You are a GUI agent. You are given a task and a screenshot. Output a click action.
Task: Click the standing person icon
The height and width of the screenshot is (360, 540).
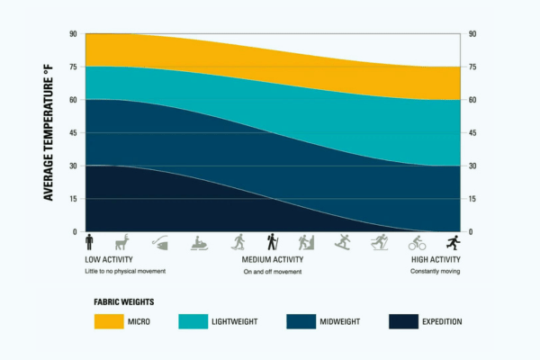pyautogui.click(x=90, y=241)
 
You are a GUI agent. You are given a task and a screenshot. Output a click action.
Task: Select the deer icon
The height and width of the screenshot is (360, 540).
pyautogui.click(x=122, y=241)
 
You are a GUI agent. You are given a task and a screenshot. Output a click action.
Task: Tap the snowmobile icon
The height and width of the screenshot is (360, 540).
pyautogui.click(x=200, y=242)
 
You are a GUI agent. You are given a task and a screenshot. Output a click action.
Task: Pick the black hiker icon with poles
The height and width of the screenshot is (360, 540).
pyautogui.click(x=272, y=241)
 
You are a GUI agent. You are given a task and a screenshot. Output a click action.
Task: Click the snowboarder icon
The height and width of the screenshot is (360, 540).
pyautogui.click(x=343, y=241)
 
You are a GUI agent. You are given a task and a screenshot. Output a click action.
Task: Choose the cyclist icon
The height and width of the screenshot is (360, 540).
pyautogui.click(x=416, y=242)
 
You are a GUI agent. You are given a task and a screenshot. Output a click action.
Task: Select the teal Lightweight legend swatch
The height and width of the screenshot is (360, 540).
pyautogui.click(x=203, y=321)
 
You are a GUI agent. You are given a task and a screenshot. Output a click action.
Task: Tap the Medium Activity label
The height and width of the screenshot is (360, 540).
pyautogui.click(x=272, y=260)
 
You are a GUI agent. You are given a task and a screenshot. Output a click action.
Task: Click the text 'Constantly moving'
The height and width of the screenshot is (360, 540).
pyautogui.click(x=436, y=271)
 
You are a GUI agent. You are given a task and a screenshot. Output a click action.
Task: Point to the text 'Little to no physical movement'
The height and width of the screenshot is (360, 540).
pyautogui.click(x=126, y=271)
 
